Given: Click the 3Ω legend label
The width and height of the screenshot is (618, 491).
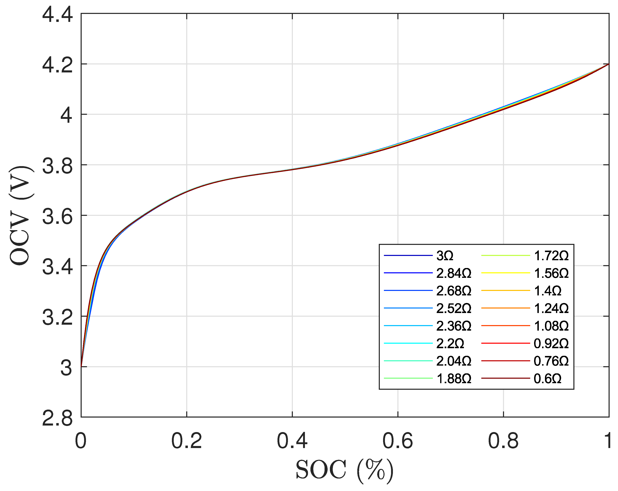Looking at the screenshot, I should (x=445, y=256).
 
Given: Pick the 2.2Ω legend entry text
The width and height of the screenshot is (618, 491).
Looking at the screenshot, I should (x=450, y=343).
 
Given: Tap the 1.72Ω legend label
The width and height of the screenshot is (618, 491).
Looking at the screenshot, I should (x=551, y=256).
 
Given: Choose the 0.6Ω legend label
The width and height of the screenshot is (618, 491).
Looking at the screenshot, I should (x=547, y=379).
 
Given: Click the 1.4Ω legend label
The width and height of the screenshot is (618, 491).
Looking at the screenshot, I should (x=547, y=291).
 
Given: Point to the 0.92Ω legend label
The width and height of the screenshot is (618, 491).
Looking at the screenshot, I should (x=551, y=343).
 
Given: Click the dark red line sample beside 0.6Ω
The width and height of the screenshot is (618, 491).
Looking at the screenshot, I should (x=505, y=378).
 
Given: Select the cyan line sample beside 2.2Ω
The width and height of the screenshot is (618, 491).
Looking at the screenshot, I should (x=408, y=343).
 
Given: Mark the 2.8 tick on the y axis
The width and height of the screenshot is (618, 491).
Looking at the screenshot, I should (x=57, y=419).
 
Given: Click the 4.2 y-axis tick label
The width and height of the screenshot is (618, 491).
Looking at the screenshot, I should (x=57, y=65).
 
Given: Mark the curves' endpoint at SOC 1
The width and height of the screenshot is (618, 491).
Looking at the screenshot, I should (x=609, y=64).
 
